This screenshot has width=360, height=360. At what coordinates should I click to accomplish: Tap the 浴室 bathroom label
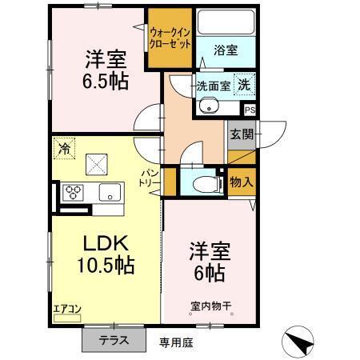click(225, 50)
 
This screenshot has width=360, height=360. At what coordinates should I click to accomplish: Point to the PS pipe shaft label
click(250, 110)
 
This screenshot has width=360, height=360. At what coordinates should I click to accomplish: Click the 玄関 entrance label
click(241, 134)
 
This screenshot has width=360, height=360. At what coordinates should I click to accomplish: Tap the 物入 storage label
click(242, 182)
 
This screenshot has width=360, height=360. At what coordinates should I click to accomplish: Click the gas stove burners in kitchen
click(74, 193)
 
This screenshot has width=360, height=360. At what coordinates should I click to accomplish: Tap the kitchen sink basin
click(109, 193)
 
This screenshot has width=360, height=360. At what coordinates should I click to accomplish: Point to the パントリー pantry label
click(151, 177)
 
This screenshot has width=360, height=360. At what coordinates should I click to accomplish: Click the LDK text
click(100, 242)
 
